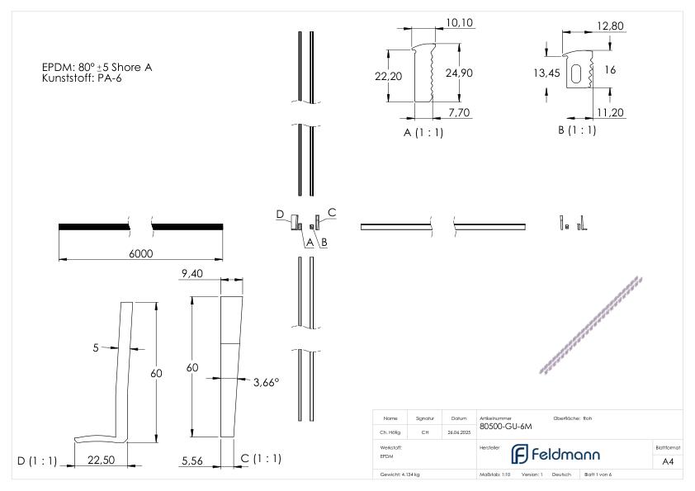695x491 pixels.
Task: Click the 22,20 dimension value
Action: [x=388, y=75]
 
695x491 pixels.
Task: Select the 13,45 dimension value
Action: [x=546, y=73]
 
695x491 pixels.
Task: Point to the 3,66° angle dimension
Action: [x=264, y=382]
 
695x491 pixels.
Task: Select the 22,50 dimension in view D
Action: [x=100, y=460]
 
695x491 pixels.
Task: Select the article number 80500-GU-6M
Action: [x=504, y=427]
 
